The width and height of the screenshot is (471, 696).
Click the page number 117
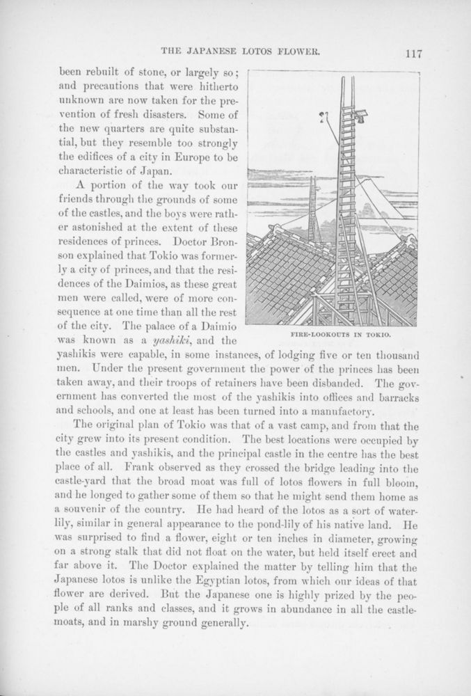click(x=411, y=52)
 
